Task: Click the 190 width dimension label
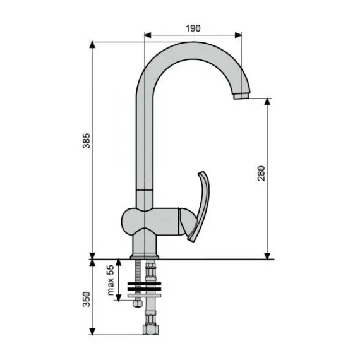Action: (193, 27)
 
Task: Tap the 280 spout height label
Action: (261, 174)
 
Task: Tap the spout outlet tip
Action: (240, 97)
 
